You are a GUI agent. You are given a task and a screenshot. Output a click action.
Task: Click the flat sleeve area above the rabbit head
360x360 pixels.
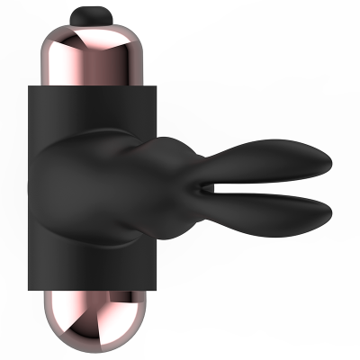pos(99,108)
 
